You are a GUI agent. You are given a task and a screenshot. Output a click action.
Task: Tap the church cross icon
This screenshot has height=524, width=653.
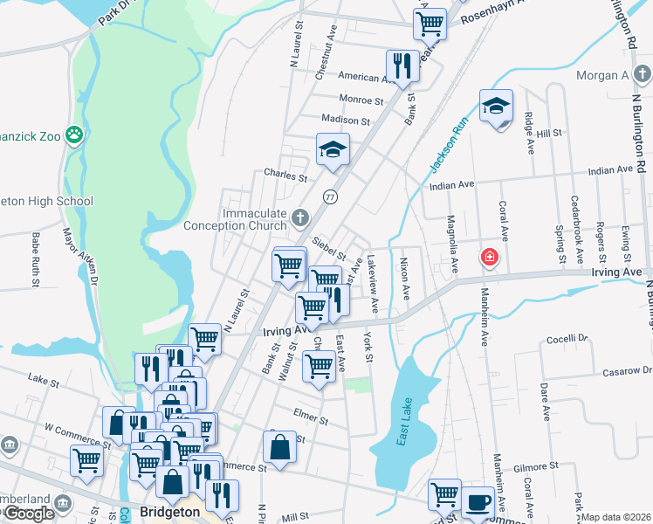[299, 216]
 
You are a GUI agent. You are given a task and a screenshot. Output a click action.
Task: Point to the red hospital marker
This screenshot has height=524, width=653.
[490, 257]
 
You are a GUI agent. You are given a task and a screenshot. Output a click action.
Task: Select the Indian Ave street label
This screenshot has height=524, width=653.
[451, 184]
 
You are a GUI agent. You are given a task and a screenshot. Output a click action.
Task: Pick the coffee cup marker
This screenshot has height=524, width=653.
[478, 501]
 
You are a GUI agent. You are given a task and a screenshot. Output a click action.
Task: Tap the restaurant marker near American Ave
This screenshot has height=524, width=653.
[402, 65]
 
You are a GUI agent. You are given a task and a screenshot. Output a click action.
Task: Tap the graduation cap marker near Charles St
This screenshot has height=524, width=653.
[333, 149]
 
